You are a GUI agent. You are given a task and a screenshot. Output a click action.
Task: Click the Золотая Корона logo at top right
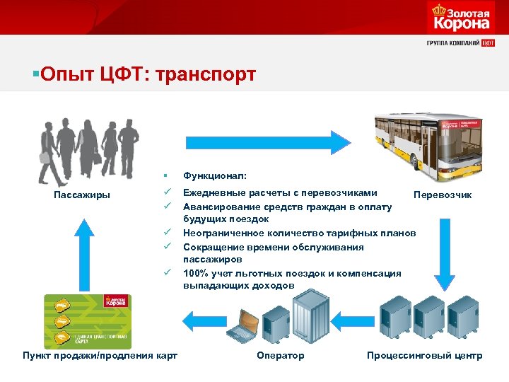point(460,17)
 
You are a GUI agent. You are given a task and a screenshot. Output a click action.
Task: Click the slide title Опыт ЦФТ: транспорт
point(145,74)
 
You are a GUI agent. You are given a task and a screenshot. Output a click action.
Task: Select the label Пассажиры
point(82,195)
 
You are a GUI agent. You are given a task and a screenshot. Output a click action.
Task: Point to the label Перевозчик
point(443,195)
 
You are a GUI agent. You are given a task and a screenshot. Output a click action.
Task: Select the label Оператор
point(281,355)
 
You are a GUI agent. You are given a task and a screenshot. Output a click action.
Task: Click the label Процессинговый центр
point(424,355)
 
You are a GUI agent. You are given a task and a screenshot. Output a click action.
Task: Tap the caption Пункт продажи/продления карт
point(100,355)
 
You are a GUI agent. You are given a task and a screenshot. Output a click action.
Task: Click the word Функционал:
point(211,174)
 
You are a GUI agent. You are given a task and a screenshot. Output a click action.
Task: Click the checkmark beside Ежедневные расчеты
point(166,192)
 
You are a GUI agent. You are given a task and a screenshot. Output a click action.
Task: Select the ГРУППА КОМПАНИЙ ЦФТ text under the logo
point(460,42)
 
